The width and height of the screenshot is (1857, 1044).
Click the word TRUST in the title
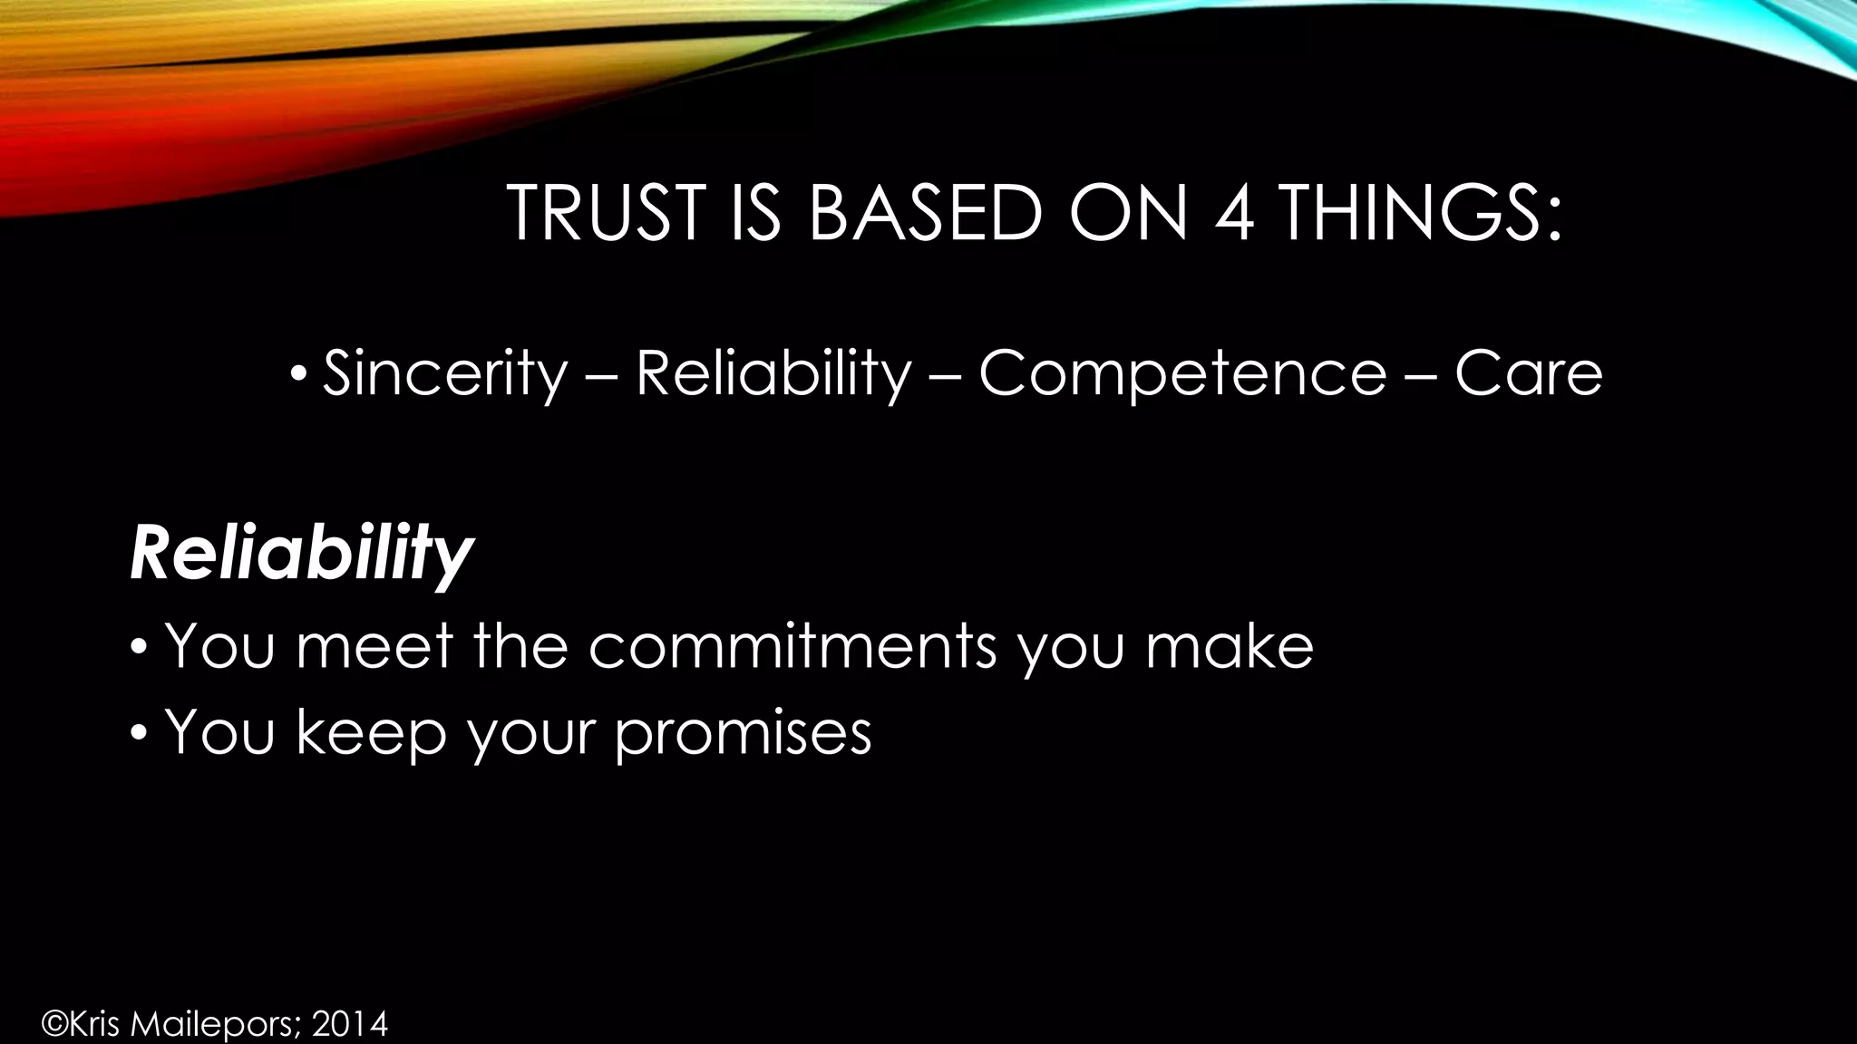(x=606, y=214)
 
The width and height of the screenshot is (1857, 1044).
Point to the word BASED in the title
(x=924, y=214)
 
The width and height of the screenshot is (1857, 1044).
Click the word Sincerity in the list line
(x=444, y=373)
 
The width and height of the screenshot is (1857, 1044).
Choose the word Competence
(x=1181, y=373)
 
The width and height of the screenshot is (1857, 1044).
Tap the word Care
(x=1529, y=373)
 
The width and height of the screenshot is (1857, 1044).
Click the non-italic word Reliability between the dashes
(x=773, y=373)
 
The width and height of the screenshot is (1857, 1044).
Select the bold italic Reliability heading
(x=301, y=554)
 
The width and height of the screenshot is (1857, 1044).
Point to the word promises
(x=743, y=732)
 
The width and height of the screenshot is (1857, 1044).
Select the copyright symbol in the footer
(x=54, y=1025)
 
